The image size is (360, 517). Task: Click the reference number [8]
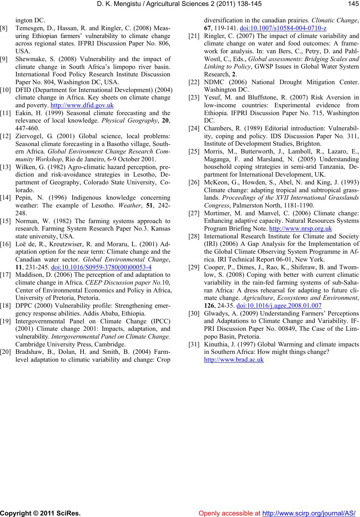(x=5, y=28)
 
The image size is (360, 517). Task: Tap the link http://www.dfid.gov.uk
(x=82, y=105)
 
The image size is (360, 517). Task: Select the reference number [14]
(x=6, y=198)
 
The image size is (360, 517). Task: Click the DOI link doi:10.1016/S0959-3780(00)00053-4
(x=101, y=267)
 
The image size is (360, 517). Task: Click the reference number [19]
(x=6, y=321)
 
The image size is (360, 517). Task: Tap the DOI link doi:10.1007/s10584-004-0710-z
(x=284, y=28)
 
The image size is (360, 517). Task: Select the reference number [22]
(x=194, y=82)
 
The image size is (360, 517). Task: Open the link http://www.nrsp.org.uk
(x=300, y=228)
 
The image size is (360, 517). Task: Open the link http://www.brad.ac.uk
(x=234, y=359)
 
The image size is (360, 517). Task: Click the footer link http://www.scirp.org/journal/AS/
(x=309, y=513)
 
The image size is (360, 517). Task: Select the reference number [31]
(x=194, y=344)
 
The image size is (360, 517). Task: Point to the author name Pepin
(x=23, y=198)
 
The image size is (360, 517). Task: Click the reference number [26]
(x=194, y=182)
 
